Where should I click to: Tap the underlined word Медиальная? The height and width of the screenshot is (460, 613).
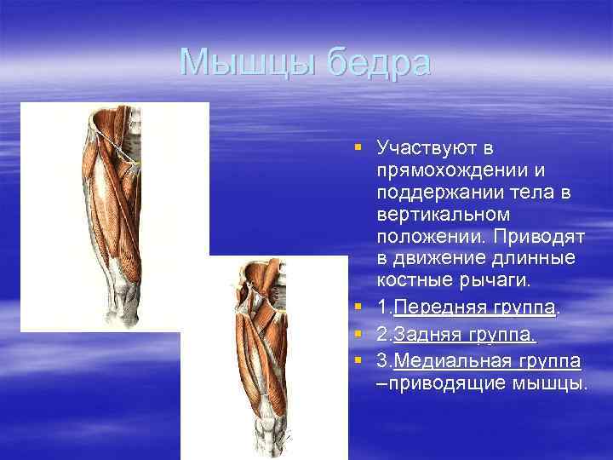click(452, 361)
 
